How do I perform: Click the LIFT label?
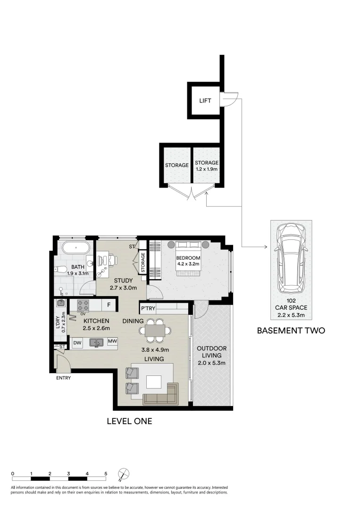[x=205, y=101]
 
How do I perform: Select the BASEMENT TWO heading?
[x=291, y=331]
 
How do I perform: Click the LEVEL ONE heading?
[x=129, y=421]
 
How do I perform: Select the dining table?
[x=155, y=330]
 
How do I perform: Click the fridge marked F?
[x=109, y=305]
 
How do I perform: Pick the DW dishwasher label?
[x=77, y=341]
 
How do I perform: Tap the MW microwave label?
[x=112, y=341]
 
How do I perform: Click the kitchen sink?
[x=96, y=342]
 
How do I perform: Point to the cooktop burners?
[x=84, y=305]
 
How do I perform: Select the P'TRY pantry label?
[x=147, y=309]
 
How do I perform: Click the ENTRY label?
[x=63, y=378]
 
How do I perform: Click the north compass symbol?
[x=124, y=474]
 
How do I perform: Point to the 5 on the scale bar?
[x=106, y=473]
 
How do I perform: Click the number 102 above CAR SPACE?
[x=291, y=300]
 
